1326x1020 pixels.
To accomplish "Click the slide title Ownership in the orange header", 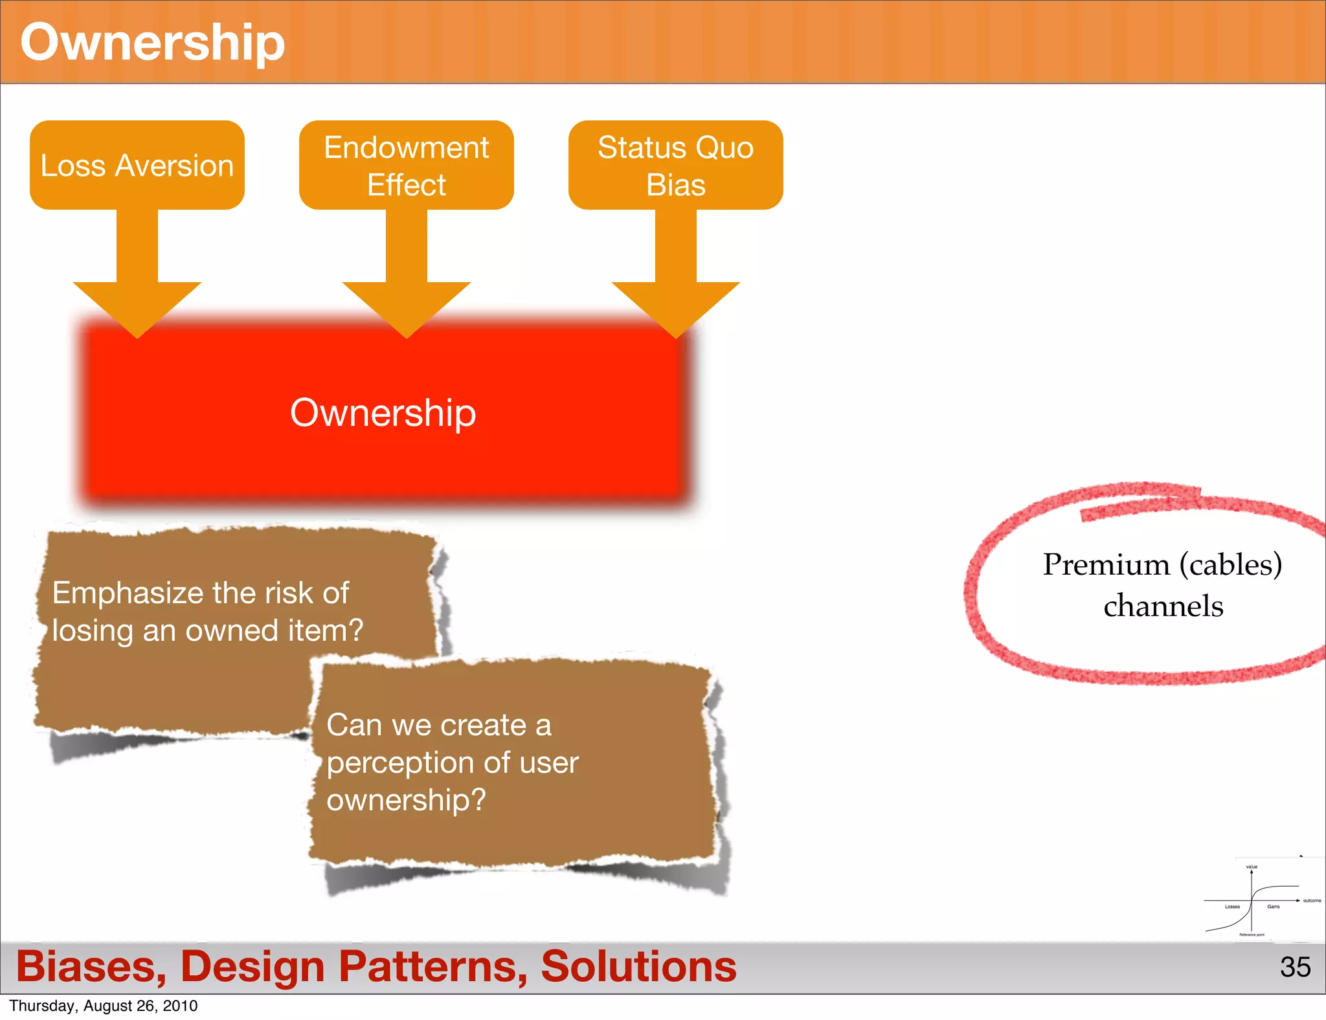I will coord(152,43).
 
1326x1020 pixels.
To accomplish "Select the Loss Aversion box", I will coord(137,165).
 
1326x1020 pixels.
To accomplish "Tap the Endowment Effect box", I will coord(406,165).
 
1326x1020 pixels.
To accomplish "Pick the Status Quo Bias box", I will coord(675,165).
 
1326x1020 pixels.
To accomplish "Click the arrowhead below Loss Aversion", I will coord(137,307).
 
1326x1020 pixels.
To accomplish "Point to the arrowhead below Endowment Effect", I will coord(406,307).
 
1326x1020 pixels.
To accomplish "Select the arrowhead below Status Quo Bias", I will coord(675,307).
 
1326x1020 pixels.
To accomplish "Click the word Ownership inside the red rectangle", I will coord(383,413).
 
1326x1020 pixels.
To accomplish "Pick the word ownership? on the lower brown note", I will coord(406,801).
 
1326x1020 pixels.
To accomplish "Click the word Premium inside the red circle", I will coord(1106,565).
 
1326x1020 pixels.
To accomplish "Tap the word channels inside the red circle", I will coord(1163,606).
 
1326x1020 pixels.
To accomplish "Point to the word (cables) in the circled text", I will coord(1230,565).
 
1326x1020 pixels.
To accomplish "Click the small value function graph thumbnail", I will coord(1256,900).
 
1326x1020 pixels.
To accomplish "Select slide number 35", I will coord(1295,967).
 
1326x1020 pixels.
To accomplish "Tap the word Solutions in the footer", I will coord(638,967).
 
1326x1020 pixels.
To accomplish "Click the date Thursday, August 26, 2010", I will coord(104,1006).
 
